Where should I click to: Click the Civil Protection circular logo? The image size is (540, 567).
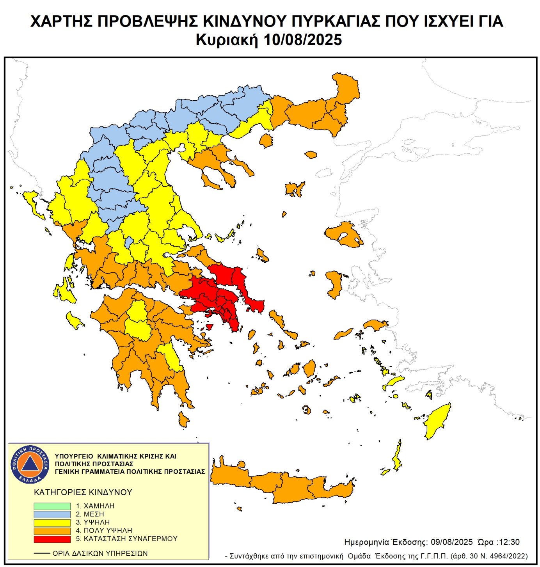pos(30,464)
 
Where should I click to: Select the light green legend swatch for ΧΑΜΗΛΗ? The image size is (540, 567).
pos(52,506)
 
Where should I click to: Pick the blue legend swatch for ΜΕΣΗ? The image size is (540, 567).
pos(52,514)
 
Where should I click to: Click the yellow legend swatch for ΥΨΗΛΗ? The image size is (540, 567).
pos(52,523)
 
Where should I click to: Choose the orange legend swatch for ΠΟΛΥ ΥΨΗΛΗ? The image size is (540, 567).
pos(52,531)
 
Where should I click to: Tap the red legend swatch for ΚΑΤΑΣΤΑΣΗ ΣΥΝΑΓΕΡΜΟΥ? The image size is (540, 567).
pos(52,539)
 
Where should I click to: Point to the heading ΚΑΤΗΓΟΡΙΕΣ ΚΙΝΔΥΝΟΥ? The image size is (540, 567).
pos(83,492)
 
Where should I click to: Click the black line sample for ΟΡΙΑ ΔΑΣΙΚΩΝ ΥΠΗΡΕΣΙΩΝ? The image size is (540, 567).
pos(42,553)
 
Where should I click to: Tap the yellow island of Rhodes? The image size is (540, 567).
pos(438,421)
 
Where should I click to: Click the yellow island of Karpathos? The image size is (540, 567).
pos(397,457)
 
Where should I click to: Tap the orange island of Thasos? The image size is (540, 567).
pos(266,140)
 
